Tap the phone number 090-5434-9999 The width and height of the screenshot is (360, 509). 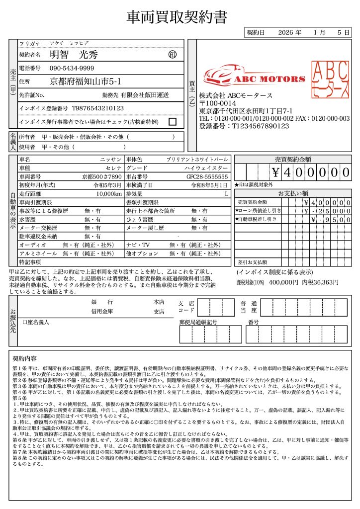(x=72, y=68)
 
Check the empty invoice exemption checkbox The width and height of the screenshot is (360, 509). (x=173, y=121)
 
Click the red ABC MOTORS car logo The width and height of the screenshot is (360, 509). (x=254, y=75)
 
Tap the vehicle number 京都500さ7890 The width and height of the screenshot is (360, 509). (x=102, y=176)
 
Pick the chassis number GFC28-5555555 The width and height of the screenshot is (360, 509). (x=207, y=176)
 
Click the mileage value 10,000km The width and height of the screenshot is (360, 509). (x=109, y=193)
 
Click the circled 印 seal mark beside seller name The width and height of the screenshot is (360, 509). (x=173, y=54)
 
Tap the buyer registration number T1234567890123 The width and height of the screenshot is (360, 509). (x=244, y=126)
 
